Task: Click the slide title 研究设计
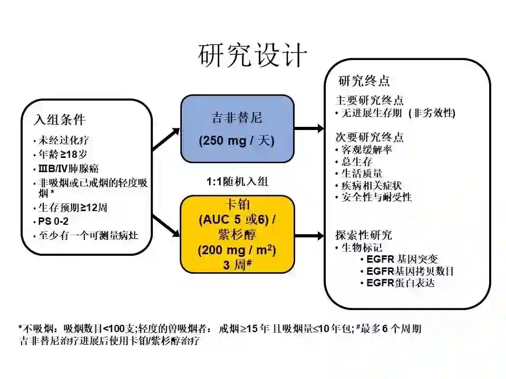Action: coord(252,55)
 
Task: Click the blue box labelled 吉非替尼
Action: coord(237,128)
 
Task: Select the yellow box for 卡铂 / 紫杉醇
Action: coord(237,234)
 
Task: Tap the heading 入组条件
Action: coord(59,119)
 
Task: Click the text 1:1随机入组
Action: coord(237,182)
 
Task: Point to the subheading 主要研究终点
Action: coord(369,100)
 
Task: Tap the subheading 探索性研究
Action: coord(364,235)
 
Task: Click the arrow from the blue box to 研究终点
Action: coord(309,128)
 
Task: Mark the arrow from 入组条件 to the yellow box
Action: coord(166,232)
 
